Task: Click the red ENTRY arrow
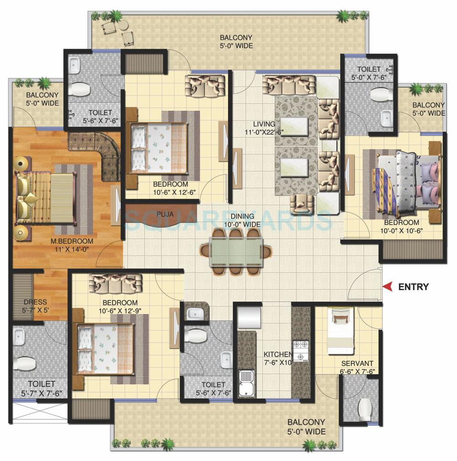pyautogui.click(x=388, y=287)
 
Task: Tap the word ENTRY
pyautogui.click(x=413, y=287)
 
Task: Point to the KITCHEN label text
pyautogui.click(x=277, y=354)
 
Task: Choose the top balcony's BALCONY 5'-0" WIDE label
pyautogui.click(x=236, y=42)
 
